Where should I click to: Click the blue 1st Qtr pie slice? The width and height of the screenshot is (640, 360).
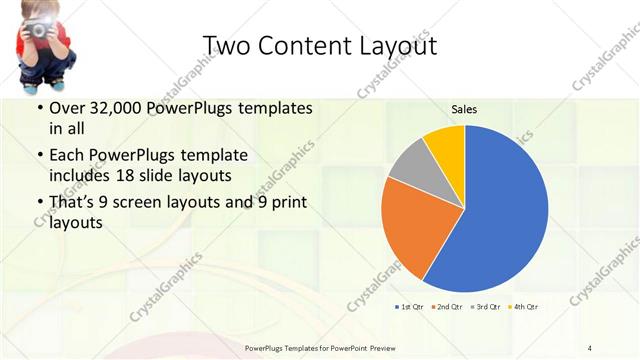point(500,215)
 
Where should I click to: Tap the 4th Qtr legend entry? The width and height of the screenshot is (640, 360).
point(525,305)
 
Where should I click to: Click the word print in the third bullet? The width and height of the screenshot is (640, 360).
point(284,203)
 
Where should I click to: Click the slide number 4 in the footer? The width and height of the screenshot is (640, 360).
point(590,347)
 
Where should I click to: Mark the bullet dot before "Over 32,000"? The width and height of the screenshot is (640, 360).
point(38,108)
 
